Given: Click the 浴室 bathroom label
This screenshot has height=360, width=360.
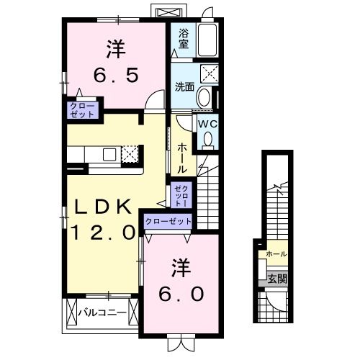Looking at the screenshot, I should [x=184, y=39].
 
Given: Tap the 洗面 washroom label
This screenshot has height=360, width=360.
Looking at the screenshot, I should [x=185, y=87].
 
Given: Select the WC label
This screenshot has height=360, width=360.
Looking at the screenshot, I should [x=207, y=123].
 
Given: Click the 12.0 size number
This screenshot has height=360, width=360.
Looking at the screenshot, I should [x=103, y=232].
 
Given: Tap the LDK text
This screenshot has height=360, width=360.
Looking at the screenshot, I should [x=104, y=207].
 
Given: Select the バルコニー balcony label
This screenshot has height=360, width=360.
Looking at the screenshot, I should [x=102, y=313].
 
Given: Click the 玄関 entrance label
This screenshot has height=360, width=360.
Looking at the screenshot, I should [x=277, y=279].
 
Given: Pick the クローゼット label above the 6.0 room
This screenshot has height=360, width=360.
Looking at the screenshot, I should [x=168, y=221].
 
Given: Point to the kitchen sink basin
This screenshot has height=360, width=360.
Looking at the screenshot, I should [x=109, y=153].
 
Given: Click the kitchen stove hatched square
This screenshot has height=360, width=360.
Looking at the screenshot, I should [x=130, y=153].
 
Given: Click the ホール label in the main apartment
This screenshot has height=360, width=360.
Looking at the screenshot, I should [x=181, y=157].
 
